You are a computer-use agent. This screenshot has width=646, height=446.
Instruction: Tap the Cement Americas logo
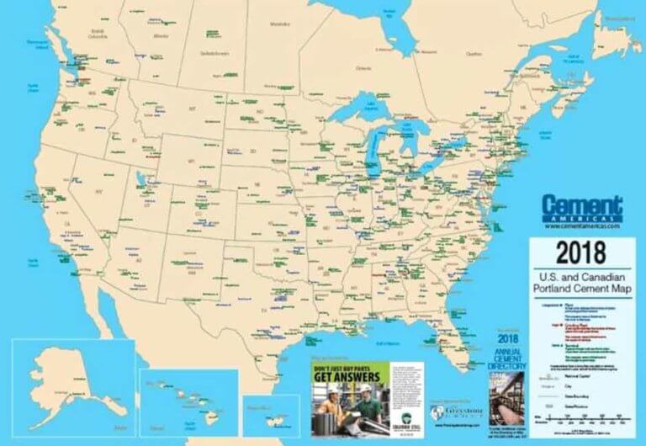pyautogui.click(x=582, y=207)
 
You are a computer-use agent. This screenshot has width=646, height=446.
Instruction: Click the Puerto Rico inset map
pyautogui.click(x=271, y=415)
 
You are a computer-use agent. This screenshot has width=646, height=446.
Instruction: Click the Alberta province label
pyautogui.click(x=160, y=36)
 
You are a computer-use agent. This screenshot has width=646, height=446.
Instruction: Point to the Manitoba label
pyautogui.click(x=278, y=24)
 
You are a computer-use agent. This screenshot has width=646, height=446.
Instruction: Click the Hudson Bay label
pyautogui.click(x=389, y=11)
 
